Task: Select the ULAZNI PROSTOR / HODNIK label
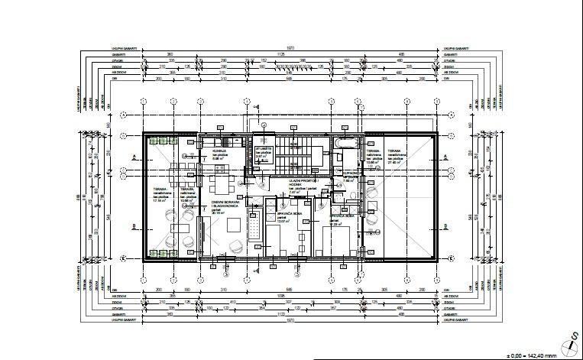point(300,183)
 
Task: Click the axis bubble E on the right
point(451,259)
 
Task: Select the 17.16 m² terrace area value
point(160,200)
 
